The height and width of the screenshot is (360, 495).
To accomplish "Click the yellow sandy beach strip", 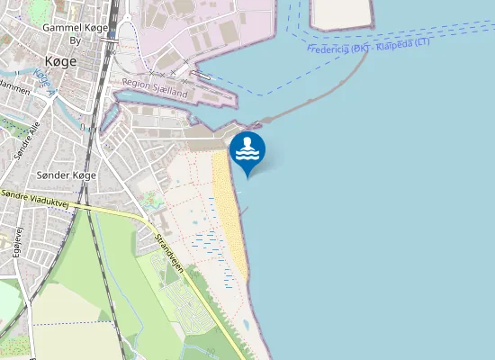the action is [x=230, y=216].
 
